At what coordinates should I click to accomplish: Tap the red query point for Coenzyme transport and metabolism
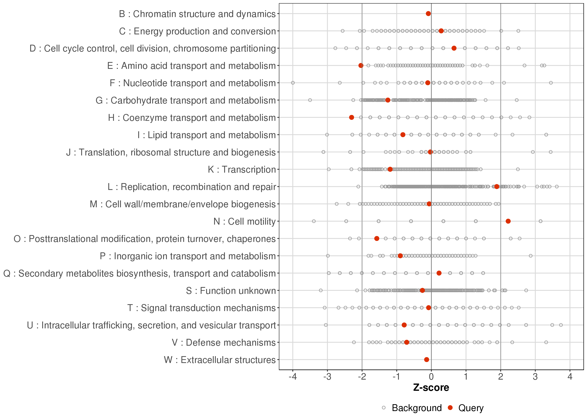click(x=351, y=117)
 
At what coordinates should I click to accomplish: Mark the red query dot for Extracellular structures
click(x=426, y=359)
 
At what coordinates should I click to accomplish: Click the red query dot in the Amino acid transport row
click(x=361, y=66)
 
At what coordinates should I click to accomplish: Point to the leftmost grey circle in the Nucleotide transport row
click(x=293, y=83)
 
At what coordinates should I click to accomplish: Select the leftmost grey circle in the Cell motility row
click(x=314, y=221)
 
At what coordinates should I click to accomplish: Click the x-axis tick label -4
click(x=293, y=377)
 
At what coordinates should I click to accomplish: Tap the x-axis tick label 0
click(x=431, y=377)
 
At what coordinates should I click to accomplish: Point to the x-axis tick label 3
click(x=535, y=377)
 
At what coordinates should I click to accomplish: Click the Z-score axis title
click(x=431, y=388)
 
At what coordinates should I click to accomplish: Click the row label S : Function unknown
click(x=231, y=291)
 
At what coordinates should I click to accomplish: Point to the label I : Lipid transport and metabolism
click(x=207, y=135)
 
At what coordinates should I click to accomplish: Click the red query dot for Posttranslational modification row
click(x=377, y=238)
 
